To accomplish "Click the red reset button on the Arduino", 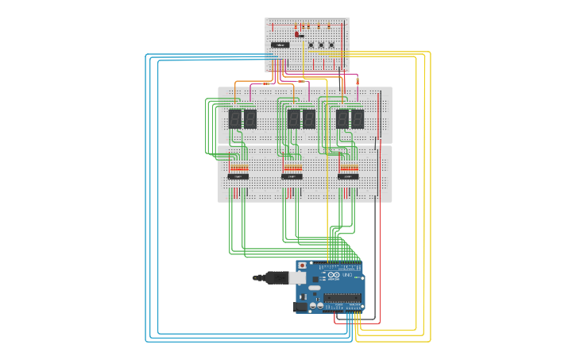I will [302, 265].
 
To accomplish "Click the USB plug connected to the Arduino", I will [274, 277].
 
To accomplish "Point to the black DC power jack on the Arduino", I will [300, 307].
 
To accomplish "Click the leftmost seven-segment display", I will [235, 119].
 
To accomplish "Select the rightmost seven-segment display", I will [358, 119].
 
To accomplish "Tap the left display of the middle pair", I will [294, 119].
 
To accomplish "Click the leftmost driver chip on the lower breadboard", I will [238, 176].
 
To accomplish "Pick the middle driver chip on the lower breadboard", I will [292, 176].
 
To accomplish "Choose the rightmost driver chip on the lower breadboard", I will [347, 176].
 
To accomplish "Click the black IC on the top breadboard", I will [280, 45].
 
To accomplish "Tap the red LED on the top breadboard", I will [299, 33].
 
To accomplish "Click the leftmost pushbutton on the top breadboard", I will [311, 45].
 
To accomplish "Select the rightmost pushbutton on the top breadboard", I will [331, 45].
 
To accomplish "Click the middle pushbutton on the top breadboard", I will [321, 45].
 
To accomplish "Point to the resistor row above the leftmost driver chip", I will [238, 168].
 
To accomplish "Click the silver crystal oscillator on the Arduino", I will [316, 289].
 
